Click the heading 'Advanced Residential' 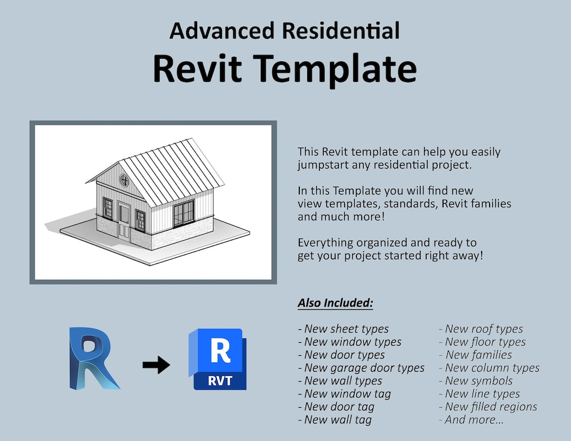284,31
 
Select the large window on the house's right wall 183,213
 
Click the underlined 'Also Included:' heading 335,303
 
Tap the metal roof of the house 169,169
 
